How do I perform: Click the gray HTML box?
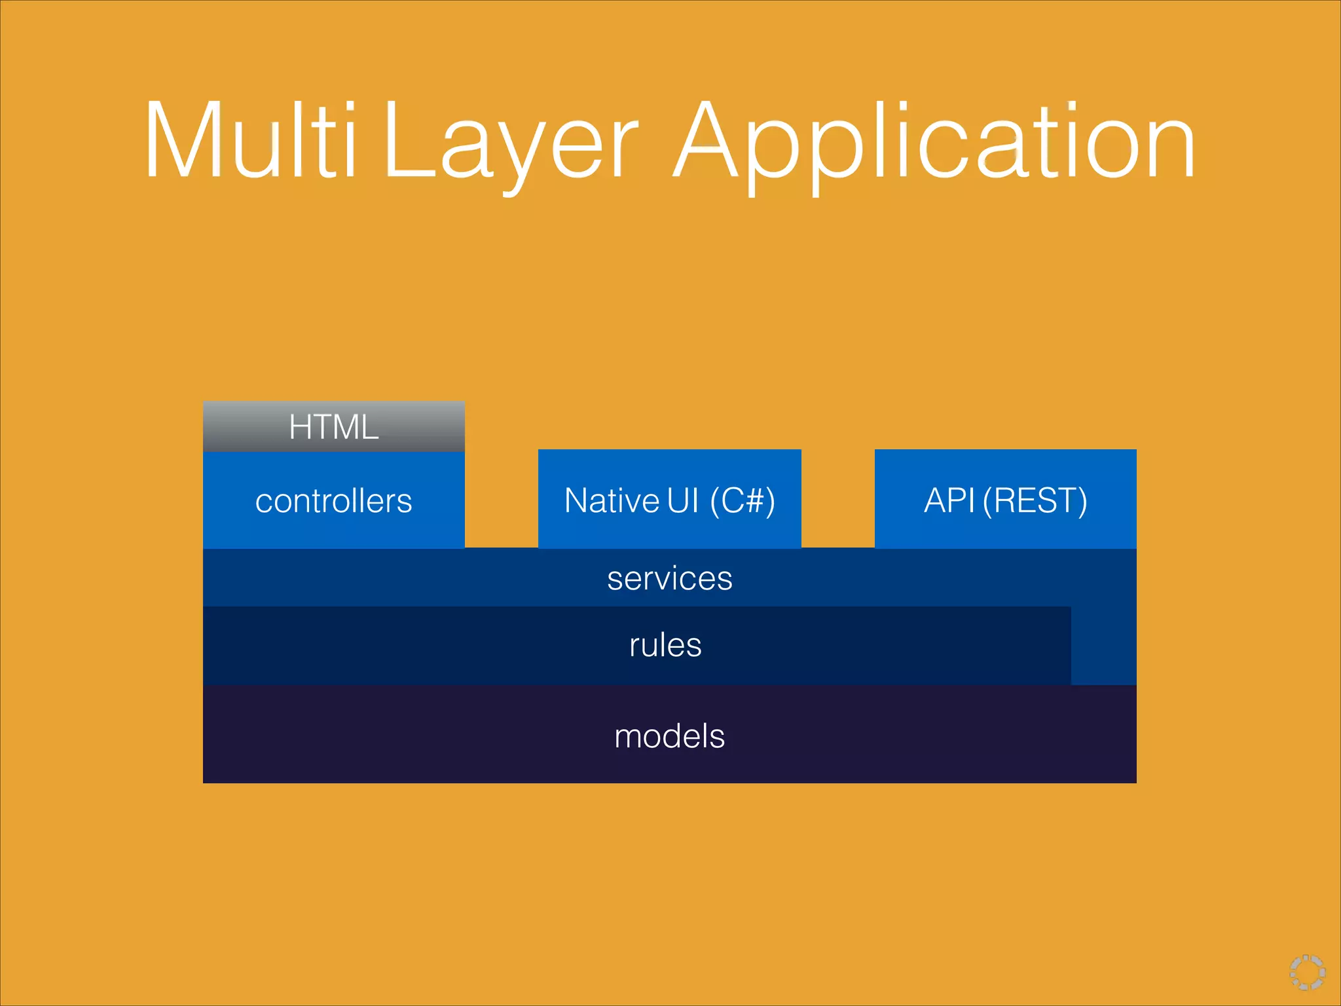click(334, 426)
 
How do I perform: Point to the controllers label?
click(334, 501)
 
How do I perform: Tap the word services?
click(669, 578)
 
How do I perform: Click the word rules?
click(665, 645)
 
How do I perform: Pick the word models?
click(669, 736)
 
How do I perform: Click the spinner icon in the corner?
click(1307, 972)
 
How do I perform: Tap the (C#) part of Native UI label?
click(743, 501)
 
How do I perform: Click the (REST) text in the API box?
click(1035, 501)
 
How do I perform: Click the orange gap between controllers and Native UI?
click(502, 498)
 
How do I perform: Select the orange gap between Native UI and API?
click(838, 498)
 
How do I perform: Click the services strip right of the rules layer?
click(1104, 645)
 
